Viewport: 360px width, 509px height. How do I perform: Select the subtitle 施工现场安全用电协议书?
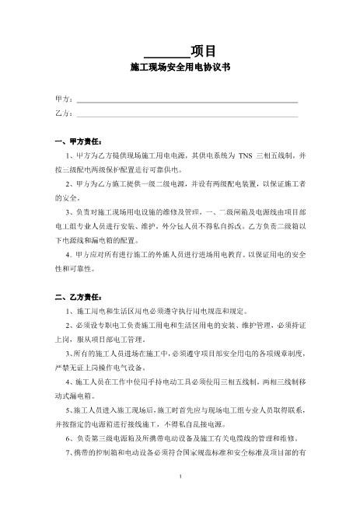coord(180,68)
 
